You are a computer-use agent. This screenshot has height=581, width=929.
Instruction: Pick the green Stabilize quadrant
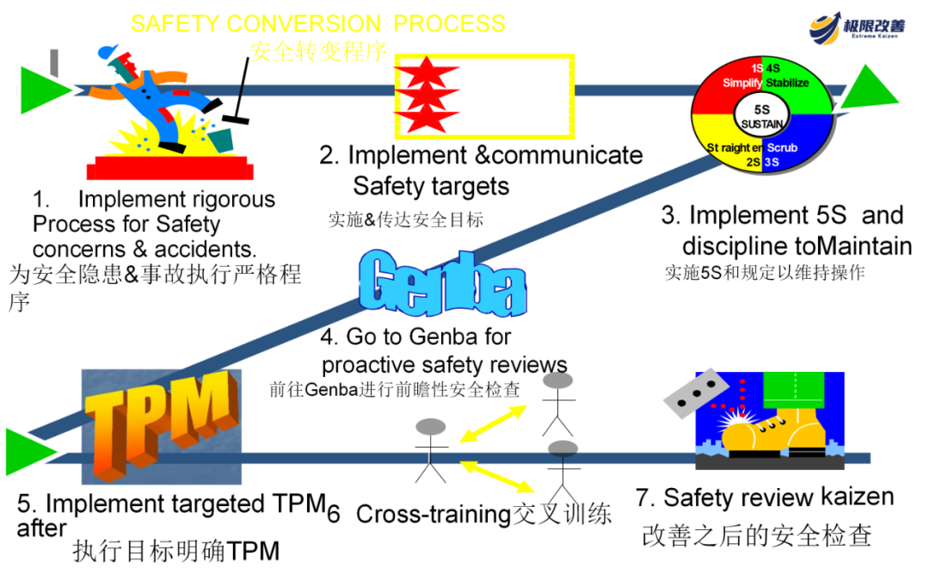tap(796, 83)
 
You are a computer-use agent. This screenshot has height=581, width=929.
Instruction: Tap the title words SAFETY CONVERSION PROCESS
tap(318, 23)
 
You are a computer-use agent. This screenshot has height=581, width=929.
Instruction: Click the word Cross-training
tap(433, 514)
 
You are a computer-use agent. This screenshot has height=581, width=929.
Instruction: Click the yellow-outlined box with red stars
tap(484, 96)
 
